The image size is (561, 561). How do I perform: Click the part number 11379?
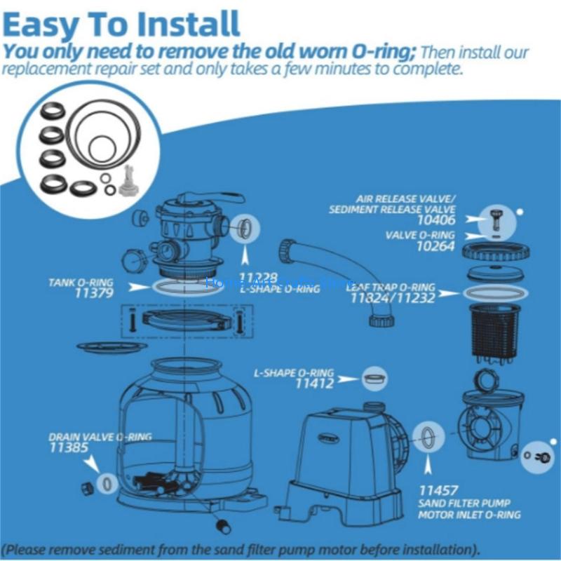pyautogui.click(x=93, y=294)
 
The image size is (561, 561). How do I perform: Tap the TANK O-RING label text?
pyautogui.click(x=80, y=283)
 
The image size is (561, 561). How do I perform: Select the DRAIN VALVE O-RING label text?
pyautogui.click(x=100, y=436)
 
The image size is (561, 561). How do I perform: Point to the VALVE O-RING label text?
pyautogui.click(x=420, y=236)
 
